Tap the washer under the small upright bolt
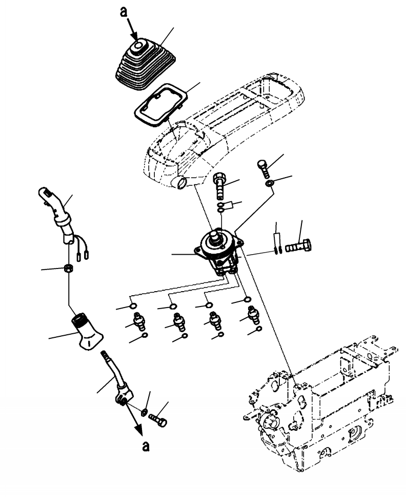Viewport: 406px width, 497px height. tap(269, 184)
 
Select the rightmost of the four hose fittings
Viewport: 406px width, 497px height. tap(252, 314)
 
